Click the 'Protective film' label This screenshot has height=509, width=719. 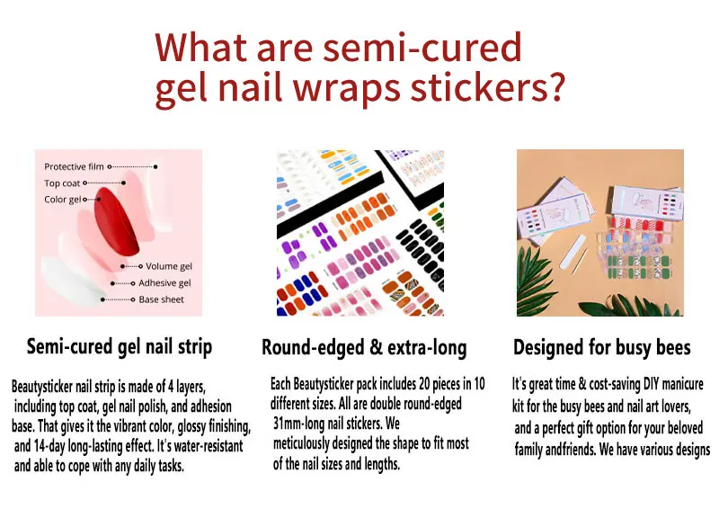[74, 166]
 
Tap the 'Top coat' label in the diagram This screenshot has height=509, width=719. [62, 183]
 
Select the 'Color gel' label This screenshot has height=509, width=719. [62, 200]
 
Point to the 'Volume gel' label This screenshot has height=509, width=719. [169, 266]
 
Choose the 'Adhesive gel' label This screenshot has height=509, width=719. [164, 282]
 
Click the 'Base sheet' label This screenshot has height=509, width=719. [162, 299]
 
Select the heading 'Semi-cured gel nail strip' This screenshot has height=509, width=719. [120, 347]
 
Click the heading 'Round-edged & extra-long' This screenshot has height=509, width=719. [364, 347]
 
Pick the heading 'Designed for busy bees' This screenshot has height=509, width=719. [601, 347]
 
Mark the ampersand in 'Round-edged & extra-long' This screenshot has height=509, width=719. [376, 347]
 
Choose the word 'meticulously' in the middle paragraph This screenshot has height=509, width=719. [301, 443]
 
